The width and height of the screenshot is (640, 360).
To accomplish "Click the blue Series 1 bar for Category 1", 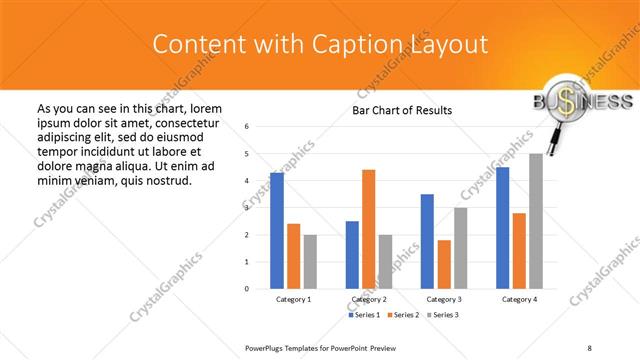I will click(277, 231).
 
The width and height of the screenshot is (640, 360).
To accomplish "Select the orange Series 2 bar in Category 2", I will click(368, 229).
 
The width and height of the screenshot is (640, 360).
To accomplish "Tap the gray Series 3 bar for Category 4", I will click(536, 221).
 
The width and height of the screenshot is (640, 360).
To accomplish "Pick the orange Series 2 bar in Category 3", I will click(444, 264).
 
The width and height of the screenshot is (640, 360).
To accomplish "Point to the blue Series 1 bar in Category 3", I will click(427, 241).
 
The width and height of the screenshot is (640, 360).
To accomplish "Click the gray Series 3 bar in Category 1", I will click(310, 262).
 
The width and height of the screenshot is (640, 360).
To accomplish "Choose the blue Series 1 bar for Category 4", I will click(502, 228).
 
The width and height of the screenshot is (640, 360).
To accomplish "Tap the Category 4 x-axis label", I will click(519, 300).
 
